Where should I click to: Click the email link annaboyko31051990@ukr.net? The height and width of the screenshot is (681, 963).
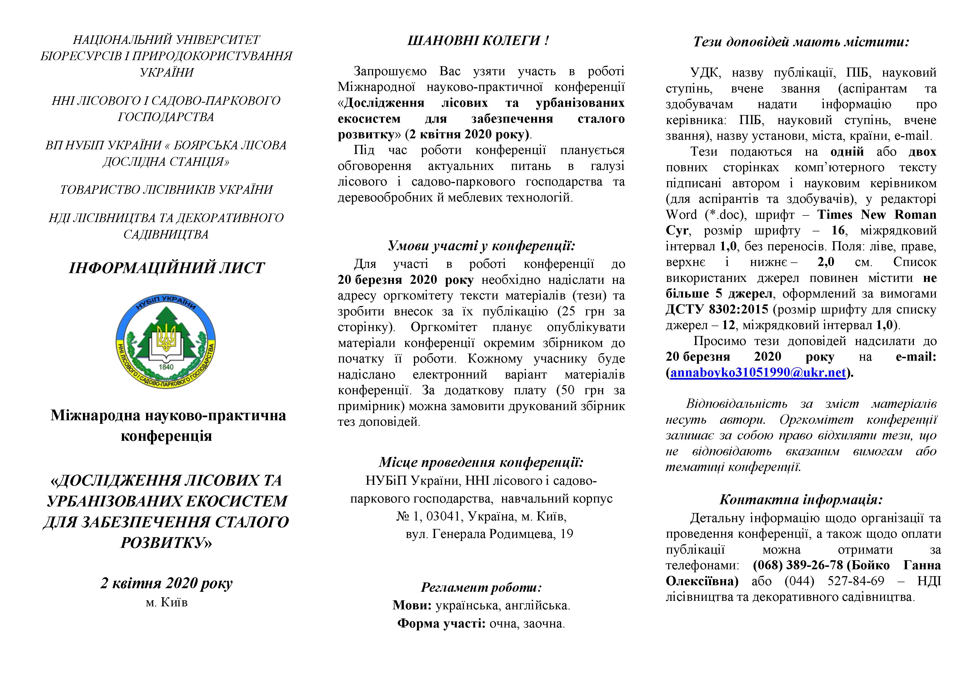pos(758,373)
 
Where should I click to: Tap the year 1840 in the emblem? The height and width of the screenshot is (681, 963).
pos(166,366)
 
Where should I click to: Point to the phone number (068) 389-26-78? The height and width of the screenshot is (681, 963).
pos(797,565)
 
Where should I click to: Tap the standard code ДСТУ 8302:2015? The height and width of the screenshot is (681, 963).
pos(717,309)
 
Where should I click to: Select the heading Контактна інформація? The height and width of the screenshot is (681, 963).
pos(801,500)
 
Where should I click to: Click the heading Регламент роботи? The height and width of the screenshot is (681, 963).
pos(481,587)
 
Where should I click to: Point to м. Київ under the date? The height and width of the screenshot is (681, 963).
pos(167,602)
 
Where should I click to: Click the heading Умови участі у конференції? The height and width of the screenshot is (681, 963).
pos(481,246)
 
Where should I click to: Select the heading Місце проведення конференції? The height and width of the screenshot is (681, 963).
pos(481,462)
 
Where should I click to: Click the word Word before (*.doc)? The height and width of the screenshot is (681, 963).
pos(682,215)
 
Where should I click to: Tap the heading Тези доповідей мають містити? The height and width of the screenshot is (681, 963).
pos(801,42)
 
